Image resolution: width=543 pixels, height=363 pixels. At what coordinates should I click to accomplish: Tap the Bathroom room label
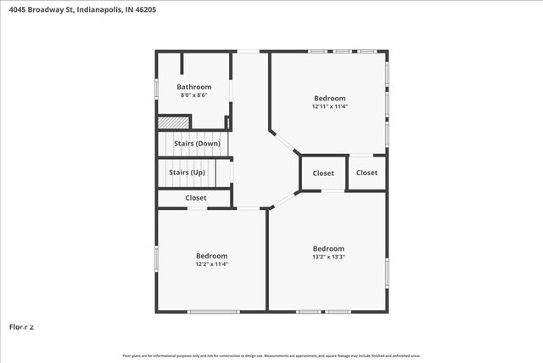coord(193,87)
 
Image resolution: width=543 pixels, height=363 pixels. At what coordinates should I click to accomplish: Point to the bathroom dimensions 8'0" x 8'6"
coord(193,94)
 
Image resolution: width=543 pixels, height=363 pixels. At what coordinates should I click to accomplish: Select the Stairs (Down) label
coord(197,143)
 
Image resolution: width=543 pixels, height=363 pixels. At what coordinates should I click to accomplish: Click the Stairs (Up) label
coord(187,173)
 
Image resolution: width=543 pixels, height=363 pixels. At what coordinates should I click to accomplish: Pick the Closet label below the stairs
coord(195,197)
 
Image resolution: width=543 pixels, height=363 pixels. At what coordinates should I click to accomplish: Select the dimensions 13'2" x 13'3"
coord(327,257)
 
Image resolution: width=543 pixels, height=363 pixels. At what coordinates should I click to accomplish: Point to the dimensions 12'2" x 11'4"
coord(211,264)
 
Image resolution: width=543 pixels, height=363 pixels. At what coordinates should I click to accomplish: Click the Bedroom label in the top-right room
coord(328,99)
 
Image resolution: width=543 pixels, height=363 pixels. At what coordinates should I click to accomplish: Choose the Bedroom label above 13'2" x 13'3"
coord(327,248)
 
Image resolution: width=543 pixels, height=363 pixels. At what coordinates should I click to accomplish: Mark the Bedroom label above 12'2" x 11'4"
coord(211,256)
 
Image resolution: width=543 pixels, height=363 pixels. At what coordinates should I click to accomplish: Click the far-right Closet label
coord(367,173)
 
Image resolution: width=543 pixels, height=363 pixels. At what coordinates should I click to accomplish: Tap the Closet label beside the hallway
coord(323,173)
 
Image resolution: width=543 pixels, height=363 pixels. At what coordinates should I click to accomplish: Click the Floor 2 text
coord(21,326)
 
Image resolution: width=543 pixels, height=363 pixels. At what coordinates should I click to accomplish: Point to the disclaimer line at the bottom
coord(271,355)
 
